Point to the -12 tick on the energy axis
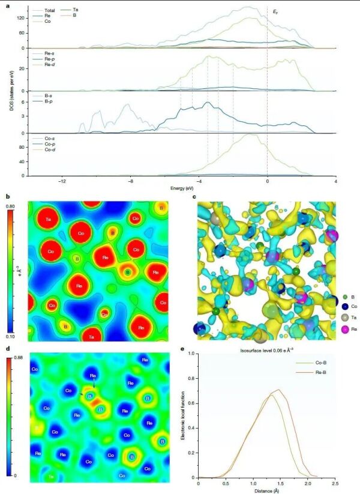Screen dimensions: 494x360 coord(62,181)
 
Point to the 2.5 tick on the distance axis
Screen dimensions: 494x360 coord(335,483)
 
